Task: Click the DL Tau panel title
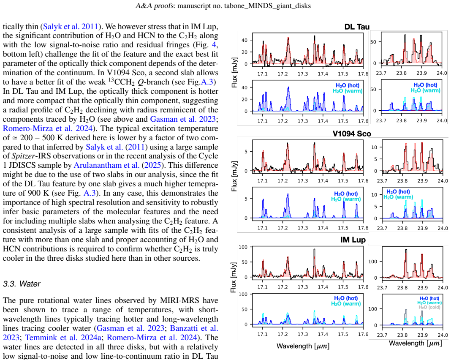(x=357, y=27)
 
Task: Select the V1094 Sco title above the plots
(x=352, y=134)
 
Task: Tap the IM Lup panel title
(x=353, y=240)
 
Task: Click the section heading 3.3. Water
(x=22, y=284)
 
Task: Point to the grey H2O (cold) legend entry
(x=429, y=307)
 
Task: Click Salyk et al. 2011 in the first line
(x=71, y=27)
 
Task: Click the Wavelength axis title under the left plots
(x=303, y=346)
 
